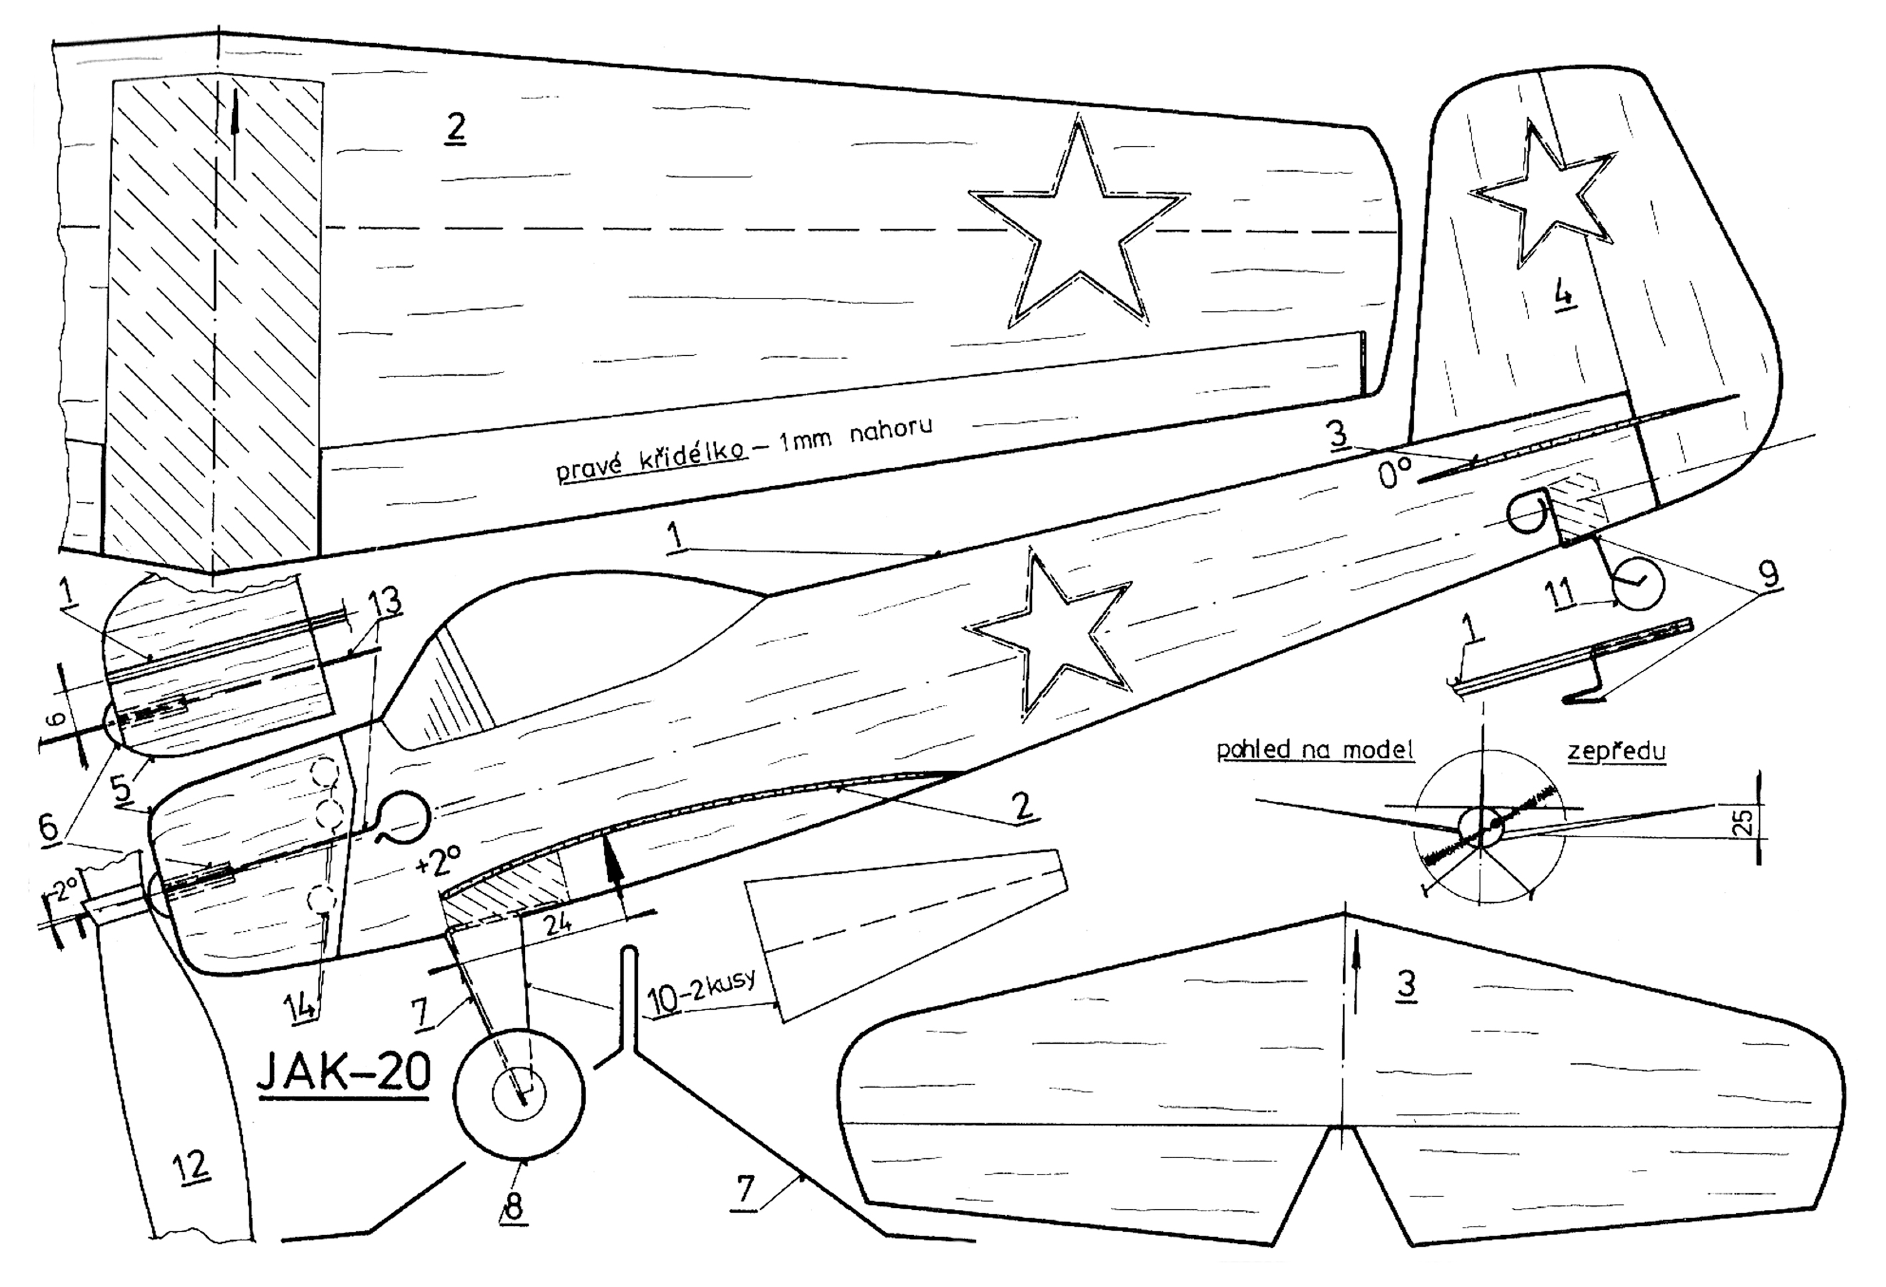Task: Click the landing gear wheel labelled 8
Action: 520,1093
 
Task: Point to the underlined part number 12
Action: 192,1165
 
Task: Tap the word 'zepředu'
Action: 1616,751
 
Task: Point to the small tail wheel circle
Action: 1637,583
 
